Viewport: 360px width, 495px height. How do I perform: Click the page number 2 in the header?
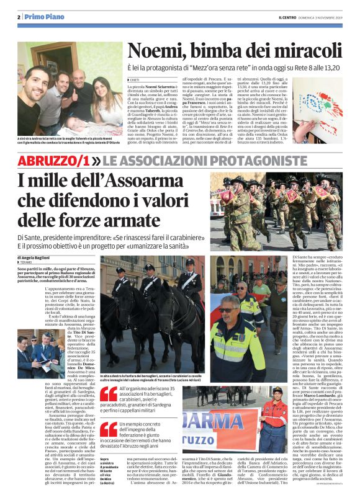pos(19,17)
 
